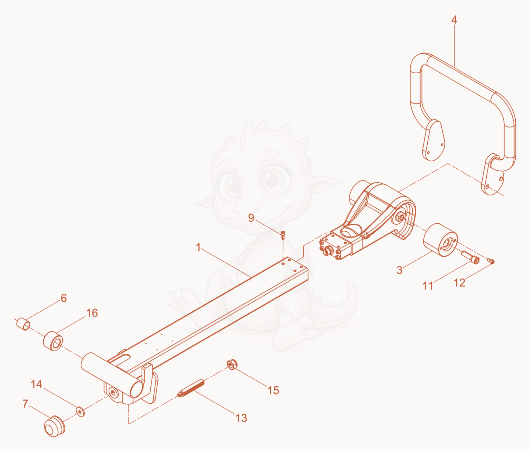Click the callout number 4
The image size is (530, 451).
(x=454, y=20)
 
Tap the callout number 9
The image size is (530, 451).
(x=251, y=218)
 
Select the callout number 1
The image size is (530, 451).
(x=198, y=247)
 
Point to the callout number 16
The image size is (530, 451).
(x=92, y=313)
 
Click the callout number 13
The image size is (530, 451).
(x=241, y=418)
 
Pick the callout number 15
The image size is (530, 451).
(x=273, y=390)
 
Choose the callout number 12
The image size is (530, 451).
(x=460, y=283)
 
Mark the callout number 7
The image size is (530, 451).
(x=25, y=404)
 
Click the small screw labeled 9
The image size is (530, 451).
(x=283, y=235)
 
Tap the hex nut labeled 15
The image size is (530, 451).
(x=232, y=364)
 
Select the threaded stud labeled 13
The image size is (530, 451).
(x=191, y=388)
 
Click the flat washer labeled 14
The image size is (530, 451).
(x=81, y=412)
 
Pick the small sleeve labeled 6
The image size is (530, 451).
(x=23, y=324)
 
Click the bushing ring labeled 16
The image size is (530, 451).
(x=53, y=341)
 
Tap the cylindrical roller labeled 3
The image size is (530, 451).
(x=440, y=240)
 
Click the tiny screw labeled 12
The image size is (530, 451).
(x=491, y=261)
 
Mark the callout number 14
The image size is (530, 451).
(x=36, y=384)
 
